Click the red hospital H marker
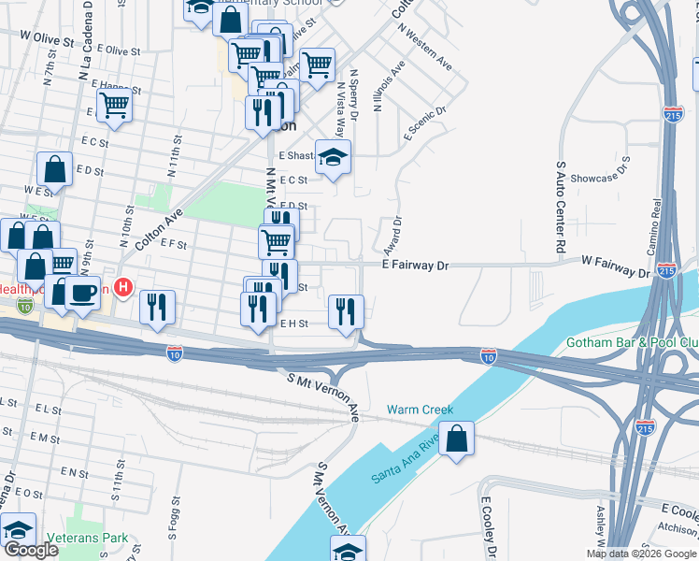121,286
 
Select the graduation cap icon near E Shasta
332,158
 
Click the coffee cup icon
82,293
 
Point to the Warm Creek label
421,410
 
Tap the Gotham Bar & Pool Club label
632,343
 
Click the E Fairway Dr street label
416,266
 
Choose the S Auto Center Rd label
562,209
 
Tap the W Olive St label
46,39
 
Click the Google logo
31,550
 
